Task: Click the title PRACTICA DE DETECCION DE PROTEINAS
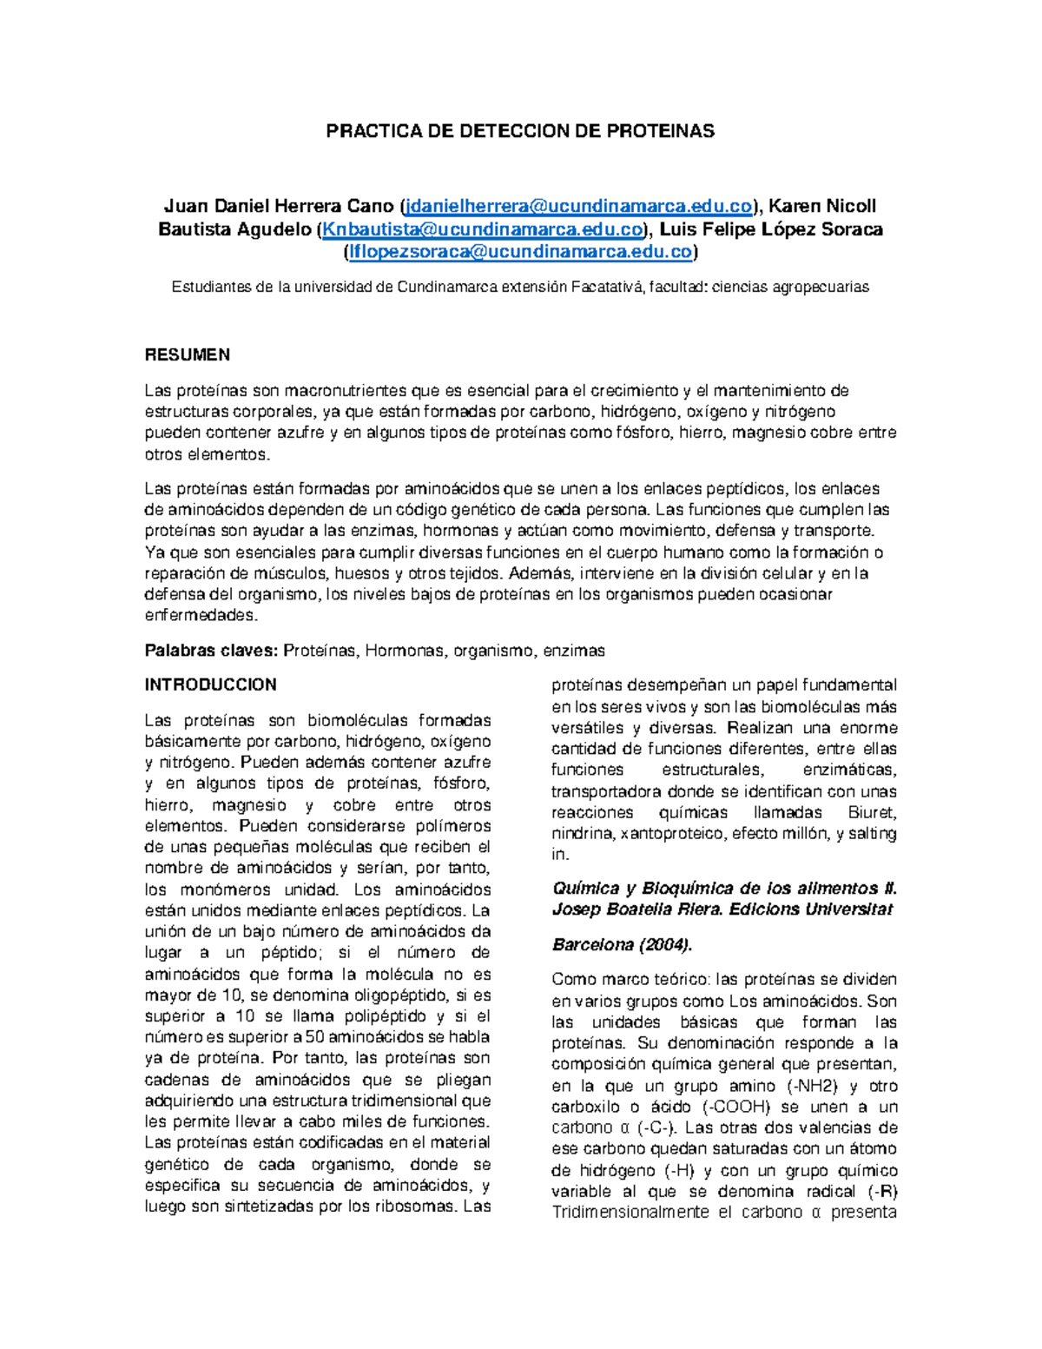[519, 131]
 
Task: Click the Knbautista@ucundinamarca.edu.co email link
[483, 229]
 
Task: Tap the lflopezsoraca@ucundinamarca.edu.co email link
[520, 252]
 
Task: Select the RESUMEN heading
[187, 354]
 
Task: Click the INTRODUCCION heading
[210, 684]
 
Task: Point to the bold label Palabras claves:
[211, 651]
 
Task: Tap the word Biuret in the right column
[872, 812]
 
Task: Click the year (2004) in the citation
[664, 944]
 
